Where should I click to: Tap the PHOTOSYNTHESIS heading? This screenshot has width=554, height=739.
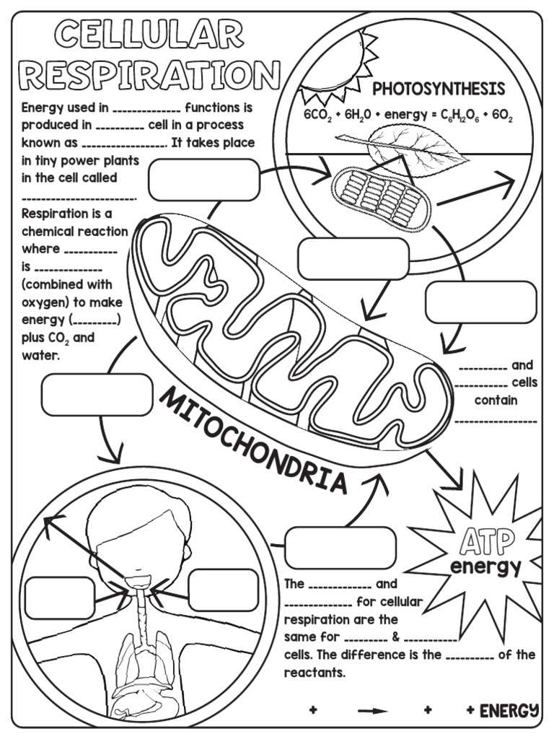point(439,89)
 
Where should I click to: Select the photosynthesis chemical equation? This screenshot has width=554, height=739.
point(408,115)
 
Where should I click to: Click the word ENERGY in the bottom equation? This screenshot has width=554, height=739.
point(509,710)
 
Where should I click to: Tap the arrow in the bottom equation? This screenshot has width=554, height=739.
point(372,711)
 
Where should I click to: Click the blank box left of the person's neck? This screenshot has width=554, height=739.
point(60,598)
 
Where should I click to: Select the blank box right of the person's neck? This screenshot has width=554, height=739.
point(224,590)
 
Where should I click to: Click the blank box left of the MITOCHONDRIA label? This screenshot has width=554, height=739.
point(97,395)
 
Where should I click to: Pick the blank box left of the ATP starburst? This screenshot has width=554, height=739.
point(340,548)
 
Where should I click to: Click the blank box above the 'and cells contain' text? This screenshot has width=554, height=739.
point(481,302)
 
